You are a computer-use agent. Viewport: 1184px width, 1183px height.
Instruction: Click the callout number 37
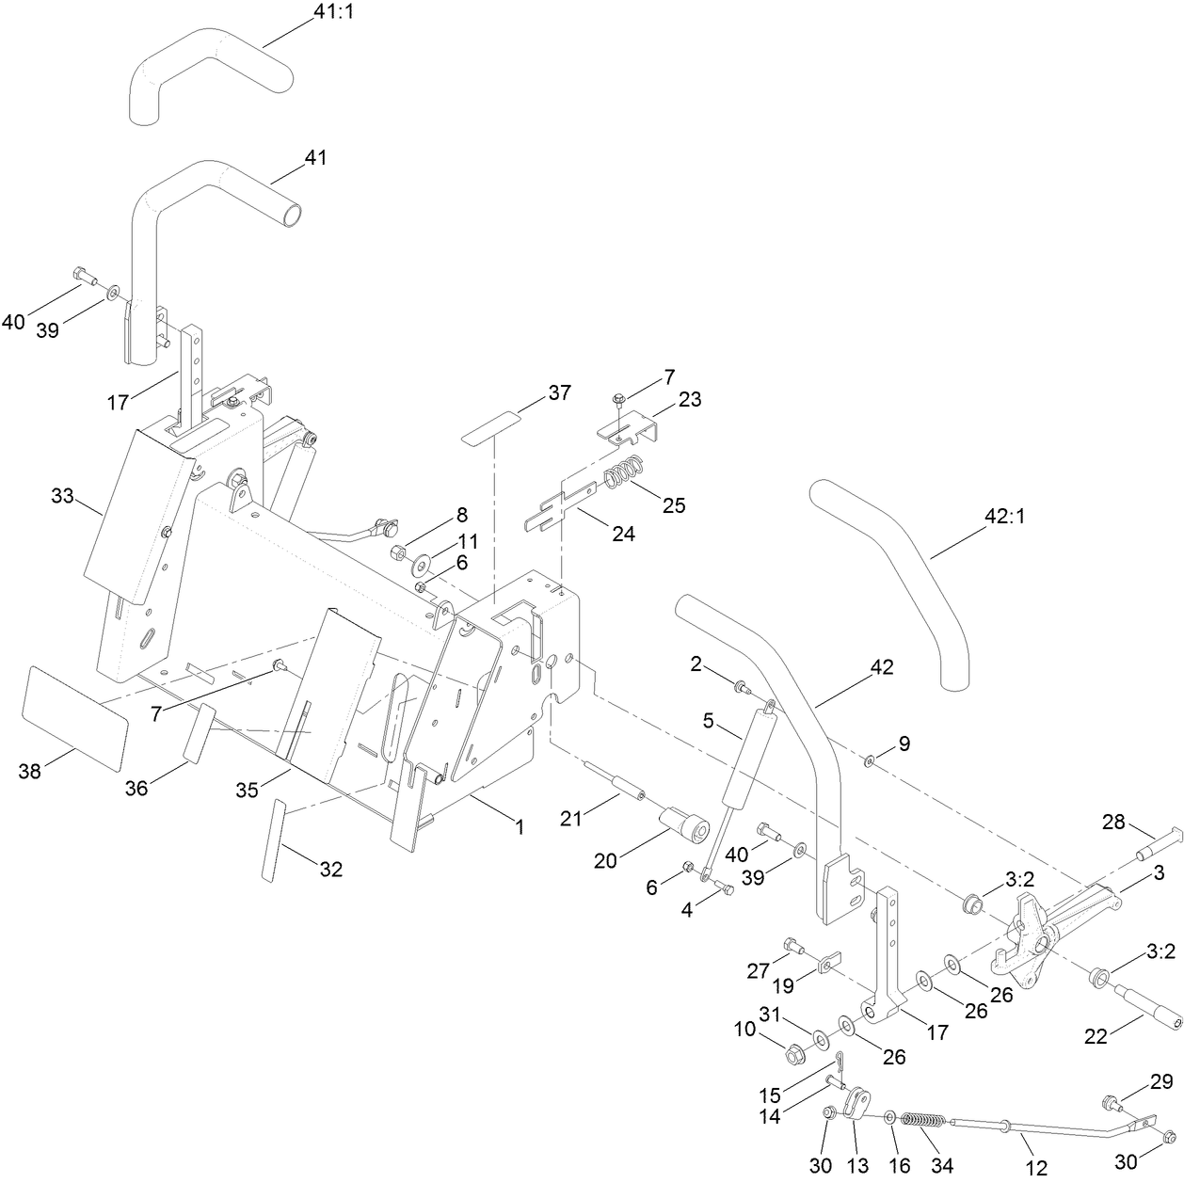pyautogui.click(x=559, y=392)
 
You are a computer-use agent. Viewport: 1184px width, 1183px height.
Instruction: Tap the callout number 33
pyautogui.click(x=62, y=495)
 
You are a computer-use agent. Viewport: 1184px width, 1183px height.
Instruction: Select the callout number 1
pyautogui.click(x=518, y=827)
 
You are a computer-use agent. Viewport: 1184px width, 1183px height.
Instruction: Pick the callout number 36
pyautogui.click(x=137, y=788)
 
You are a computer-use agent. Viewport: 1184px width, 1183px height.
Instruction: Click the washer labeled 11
pyautogui.click(x=420, y=564)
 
